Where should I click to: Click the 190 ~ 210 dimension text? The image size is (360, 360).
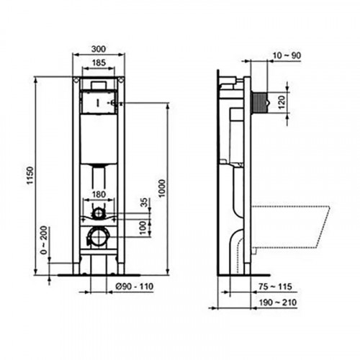click(x=290, y=302)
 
